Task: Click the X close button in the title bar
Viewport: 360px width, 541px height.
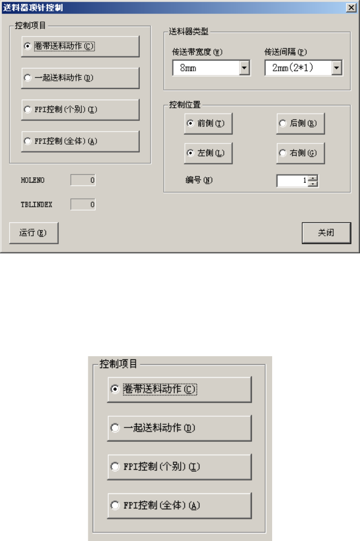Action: click(x=349, y=8)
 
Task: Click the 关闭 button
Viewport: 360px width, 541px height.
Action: click(x=326, y=233)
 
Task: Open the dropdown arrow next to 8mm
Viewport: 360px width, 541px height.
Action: click(x=244, y=68)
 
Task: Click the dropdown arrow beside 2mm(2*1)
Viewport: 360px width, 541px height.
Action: click(x=336, y=68)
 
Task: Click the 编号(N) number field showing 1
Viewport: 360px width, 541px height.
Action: click(x=292, y=181)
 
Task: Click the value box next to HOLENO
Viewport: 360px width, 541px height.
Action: click(x=84, y=181)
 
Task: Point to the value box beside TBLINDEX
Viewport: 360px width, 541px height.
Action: click(x=84, y=204)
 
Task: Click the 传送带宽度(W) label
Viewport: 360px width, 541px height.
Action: click(x=190, y=52)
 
